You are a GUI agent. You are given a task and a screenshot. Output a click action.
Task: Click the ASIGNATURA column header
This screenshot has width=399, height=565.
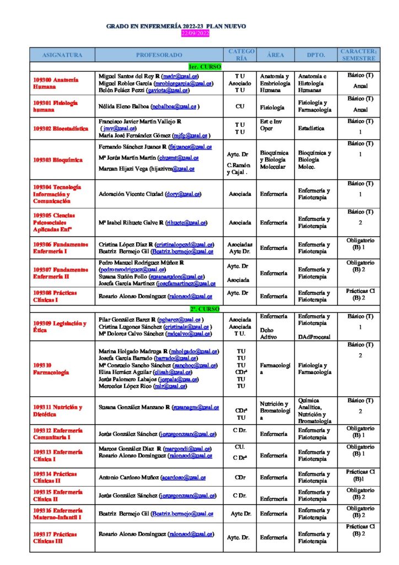[x=62, y=55]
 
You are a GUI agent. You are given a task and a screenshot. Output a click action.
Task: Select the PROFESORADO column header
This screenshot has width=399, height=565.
[x=159, y=55]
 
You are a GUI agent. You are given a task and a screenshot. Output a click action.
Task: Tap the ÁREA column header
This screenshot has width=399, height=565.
[x=275, y=55]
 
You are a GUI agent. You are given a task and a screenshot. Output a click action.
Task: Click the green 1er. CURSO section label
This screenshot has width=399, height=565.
[x=204, y=67]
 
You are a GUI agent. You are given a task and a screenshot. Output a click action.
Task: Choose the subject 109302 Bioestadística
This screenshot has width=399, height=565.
[x=61, y=128]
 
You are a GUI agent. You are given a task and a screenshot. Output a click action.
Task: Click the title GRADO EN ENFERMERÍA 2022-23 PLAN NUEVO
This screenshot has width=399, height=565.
[x=176, y=26]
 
